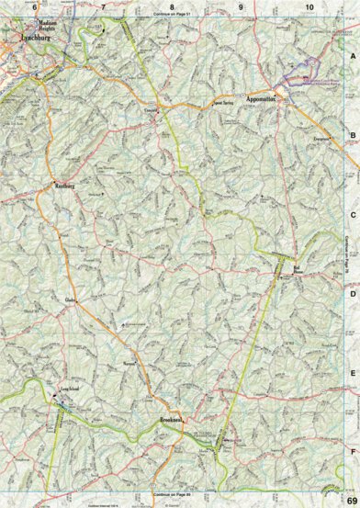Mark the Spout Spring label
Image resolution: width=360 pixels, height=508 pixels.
pos(224,104)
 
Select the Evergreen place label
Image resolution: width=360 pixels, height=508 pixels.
pos(321,135)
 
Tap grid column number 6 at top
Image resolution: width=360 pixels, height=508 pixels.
pos(35,7)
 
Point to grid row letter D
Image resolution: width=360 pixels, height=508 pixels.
pos(351,294)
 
